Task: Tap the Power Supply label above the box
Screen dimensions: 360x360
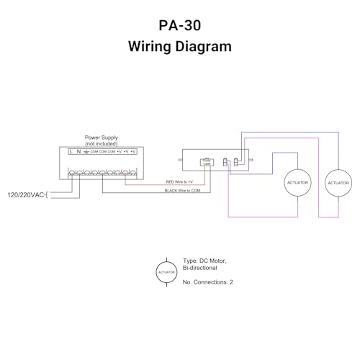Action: pyautogui.click(x=102, y=137)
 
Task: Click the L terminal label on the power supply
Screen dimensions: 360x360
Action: pyautogui.click(x=71, y=152)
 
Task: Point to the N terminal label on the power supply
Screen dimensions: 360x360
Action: pyautogui.click(x=78, y=152)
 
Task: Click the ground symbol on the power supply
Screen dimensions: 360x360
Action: pyautogui.click(x=86, y=152)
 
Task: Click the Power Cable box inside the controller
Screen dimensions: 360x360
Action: pyautogui.click(x=207, y=161)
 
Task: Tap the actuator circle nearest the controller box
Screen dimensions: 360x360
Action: pyautogui.click(x=297, y=184)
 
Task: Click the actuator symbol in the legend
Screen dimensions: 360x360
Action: pyautogui.click(x=166, y=271)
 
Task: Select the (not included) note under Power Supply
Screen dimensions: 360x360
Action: pyautogui.click(x=102, y=143)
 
